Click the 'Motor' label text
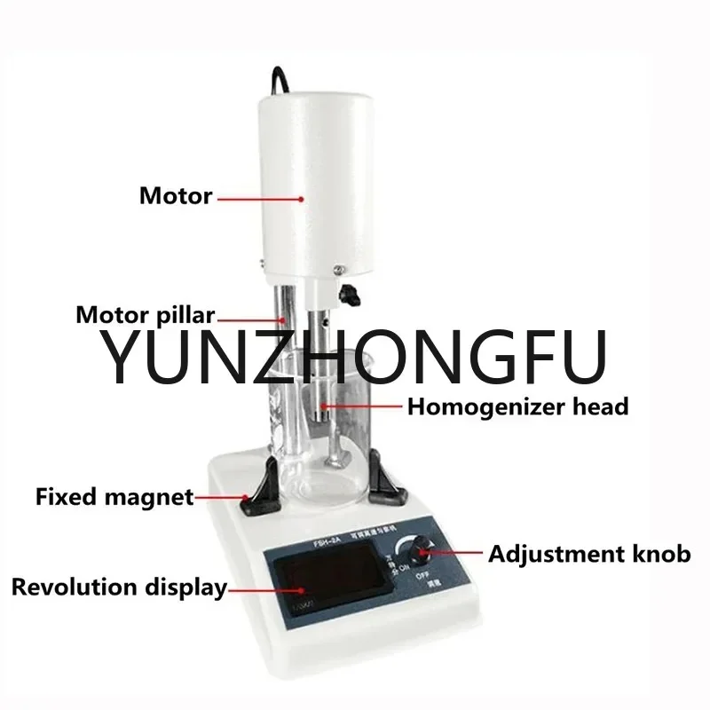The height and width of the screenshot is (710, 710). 176,195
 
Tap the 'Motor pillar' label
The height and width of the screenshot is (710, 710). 146,314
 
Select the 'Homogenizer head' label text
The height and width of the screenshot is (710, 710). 517,407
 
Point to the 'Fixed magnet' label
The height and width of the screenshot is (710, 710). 114,496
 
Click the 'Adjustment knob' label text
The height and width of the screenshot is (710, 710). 589,555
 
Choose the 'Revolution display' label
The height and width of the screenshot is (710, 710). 118,587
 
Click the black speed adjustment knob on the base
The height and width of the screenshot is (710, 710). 423,555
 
